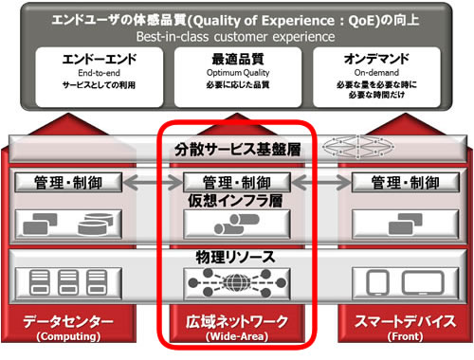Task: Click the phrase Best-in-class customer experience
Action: pyautogui.click(x=236, y=36)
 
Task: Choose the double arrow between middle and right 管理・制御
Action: pyautogui.click(x=313, y=182)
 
